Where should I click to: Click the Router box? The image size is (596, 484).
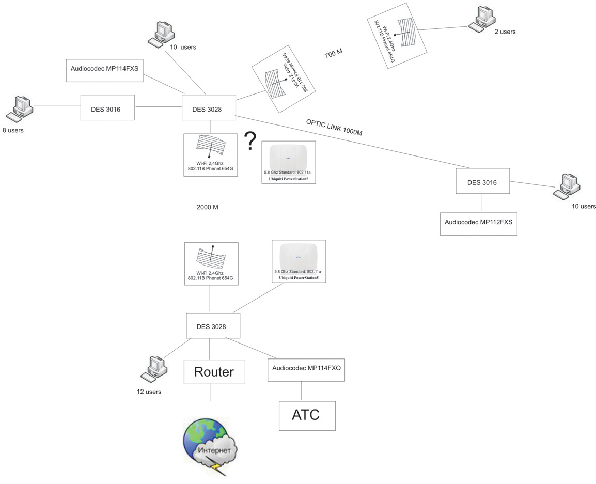pyautogui.click(x=214, y=372)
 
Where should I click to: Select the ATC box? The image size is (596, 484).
pyautogui.click(x=307, y=415)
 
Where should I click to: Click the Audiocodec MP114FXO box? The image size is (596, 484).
pyautogui.click(x=306, y=368)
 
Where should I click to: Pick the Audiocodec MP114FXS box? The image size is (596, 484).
pyautogui.click(x=105, y=70)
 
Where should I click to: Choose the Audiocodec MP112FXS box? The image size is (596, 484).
pyautogui.click(x=478, y=224)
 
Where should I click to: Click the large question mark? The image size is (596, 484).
pyautogui.click(x=250, y=141)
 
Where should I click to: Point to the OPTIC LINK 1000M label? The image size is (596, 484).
pyautogui.click(x=334, y=127)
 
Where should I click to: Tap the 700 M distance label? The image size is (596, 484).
pyautogui.click(x=334, y=54)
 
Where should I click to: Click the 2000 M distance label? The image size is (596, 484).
pyautogui.click(x=208, y=207)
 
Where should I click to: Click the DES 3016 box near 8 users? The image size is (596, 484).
pyautogui.click(x=107, y=107)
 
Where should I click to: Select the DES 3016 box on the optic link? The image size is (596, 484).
pyautogui.click(x=482, y=181)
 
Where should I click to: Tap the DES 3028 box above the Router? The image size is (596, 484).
pyautogui.click(x=211, y=326)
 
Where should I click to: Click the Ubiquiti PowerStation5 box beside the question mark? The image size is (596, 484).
pyautogui.click(x=289, y=162)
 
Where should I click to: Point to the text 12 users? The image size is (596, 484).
pyautogui.click(x=149, y=392)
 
